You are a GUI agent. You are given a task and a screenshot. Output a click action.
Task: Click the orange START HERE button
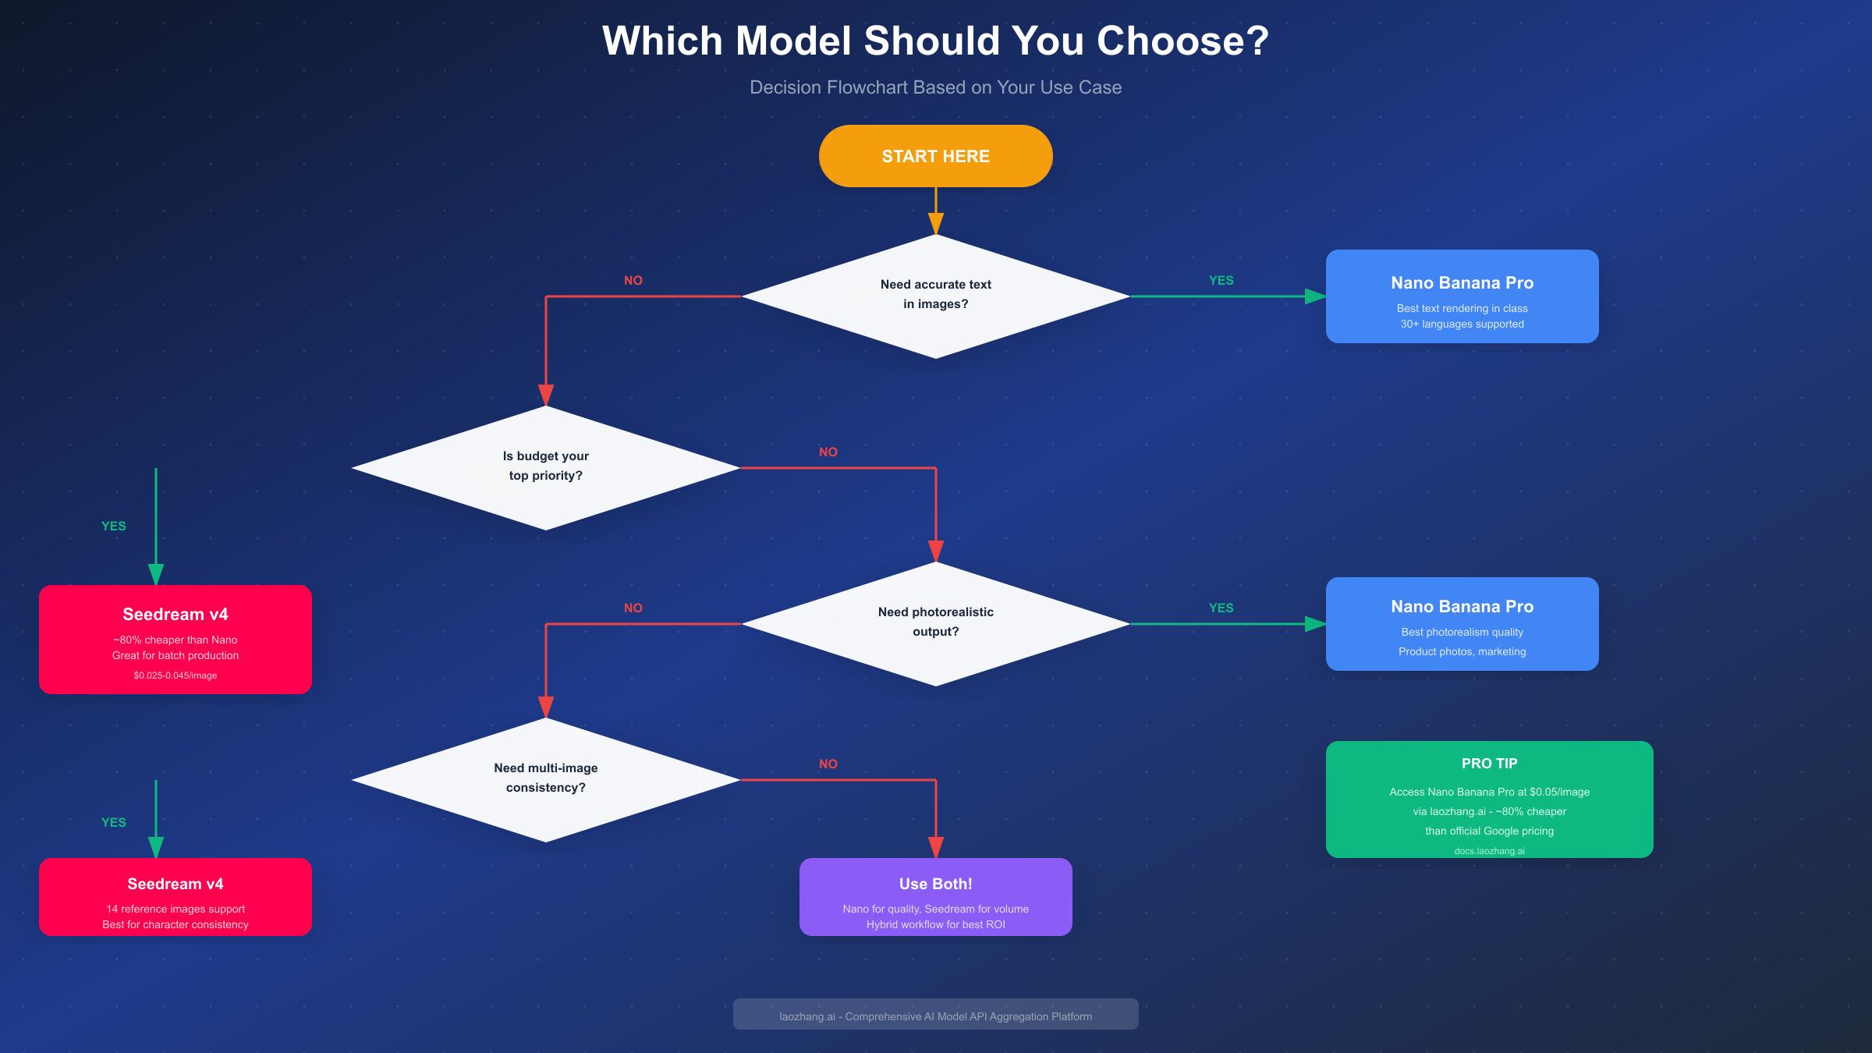(x=935, y=156)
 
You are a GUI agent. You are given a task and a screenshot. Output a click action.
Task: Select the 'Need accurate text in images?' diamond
(x=935, y=296)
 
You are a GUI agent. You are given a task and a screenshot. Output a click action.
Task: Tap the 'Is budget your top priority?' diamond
(x=545, y=467)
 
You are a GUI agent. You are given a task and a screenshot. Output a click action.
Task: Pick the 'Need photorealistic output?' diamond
(x=935, y=623)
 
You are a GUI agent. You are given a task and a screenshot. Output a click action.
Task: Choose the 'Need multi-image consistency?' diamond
(x=545, y=779)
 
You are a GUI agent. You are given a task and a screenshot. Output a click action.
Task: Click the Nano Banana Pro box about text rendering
(x=1462, y=296)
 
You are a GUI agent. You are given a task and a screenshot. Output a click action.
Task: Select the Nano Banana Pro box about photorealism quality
(x=1462, y=624)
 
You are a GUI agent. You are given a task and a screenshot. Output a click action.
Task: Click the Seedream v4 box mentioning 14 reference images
(x=175, y=897)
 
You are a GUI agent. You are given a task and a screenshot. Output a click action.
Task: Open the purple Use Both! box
(x=935, y=897)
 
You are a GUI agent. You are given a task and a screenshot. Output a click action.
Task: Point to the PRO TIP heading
(x=1489, y=764)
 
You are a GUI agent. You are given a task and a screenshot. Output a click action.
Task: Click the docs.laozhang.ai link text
(x=1489, y=851)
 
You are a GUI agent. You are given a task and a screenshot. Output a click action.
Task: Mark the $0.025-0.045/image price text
(x=175, y=675)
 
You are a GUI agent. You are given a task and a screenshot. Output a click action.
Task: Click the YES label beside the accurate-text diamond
(x=1221, y=281)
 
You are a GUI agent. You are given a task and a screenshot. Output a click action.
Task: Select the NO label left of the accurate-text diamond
(x=633, y=281)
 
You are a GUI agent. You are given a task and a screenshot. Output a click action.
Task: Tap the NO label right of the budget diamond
(x=828, y=452)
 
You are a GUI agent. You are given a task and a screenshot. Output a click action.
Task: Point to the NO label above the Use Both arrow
(x=828, y=764)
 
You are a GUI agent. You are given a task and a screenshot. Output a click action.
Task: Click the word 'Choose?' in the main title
(x=1182, y=41)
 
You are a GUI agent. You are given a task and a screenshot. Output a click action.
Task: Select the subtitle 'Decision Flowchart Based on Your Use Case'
(x=935, y=87)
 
